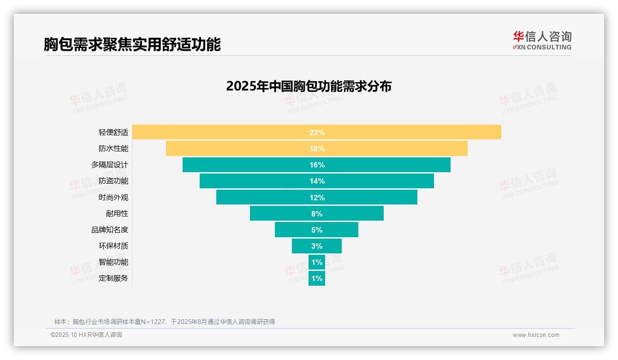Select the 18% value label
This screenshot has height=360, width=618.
pos(317,149)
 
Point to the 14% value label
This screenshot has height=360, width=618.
pos(317,181)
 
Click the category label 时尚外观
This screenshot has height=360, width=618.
pos(113,198)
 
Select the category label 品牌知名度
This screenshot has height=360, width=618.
pos(109,230)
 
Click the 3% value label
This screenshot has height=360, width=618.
pos(317,246)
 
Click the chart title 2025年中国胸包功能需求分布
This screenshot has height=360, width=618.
pos(309,86)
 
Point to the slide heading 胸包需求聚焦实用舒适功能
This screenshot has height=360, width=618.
pos(132,44)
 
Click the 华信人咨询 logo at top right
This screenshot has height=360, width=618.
pos(542,40)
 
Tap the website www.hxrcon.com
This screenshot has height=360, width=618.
pos(535,335)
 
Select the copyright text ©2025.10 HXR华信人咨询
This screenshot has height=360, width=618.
pos(86,335)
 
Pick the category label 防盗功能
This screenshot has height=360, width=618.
pos(113,181)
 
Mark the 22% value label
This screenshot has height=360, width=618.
pos(317,132)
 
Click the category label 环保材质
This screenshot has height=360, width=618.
pos(113,246)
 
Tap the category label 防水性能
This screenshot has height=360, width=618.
pos(113,149)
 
